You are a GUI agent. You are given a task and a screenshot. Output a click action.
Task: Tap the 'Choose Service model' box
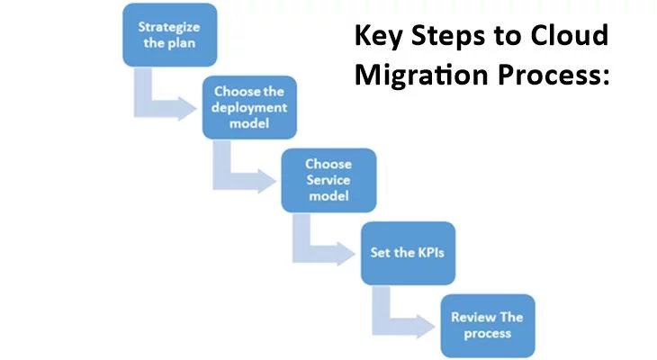pos(328,179)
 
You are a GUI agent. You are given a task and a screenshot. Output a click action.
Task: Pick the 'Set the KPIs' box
pos(408,252)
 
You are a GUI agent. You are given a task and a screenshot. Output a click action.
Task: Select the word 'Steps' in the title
pos(449,37)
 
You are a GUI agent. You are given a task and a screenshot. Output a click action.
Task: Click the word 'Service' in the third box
pos(328,179)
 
